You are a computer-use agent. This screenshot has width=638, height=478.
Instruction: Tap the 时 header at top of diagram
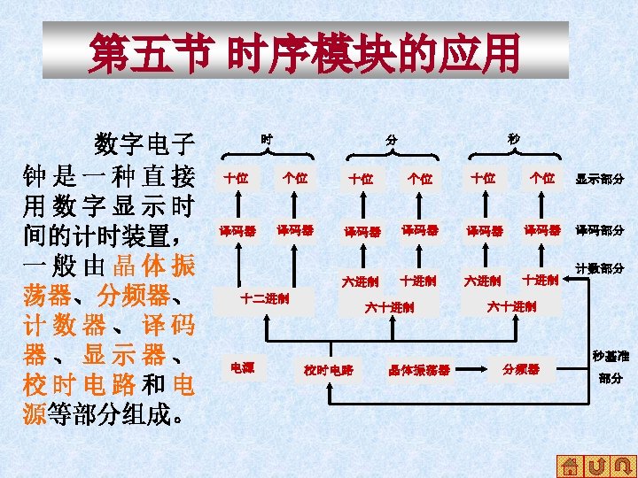tap(266, 139)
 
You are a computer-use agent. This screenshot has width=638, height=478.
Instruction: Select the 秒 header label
tap(514, 139)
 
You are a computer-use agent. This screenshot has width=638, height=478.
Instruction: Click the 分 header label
tap(391, 141)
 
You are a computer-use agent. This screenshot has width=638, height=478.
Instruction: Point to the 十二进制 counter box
tap(266, 298)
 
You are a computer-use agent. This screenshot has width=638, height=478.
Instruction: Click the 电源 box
tap(242, 366)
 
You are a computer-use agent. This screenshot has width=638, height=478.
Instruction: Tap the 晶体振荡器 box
tap(419, 369)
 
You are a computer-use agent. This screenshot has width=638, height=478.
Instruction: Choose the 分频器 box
tap(520, 368)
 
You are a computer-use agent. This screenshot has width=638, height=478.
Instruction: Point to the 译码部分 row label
tap(600, 230)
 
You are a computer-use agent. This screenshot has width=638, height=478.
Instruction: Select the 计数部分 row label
tap(600, 268)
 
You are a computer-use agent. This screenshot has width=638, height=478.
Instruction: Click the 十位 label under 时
tap(236, 178)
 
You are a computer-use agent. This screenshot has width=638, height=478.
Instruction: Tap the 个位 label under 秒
tap(542, 178)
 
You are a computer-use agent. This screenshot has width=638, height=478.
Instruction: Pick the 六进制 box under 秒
tap(483, 281)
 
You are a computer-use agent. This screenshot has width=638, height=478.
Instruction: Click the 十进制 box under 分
tap(417, 281)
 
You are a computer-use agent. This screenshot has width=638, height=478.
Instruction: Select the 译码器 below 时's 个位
tap(294, 230)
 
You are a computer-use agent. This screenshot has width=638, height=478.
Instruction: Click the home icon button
tap(572, 466)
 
